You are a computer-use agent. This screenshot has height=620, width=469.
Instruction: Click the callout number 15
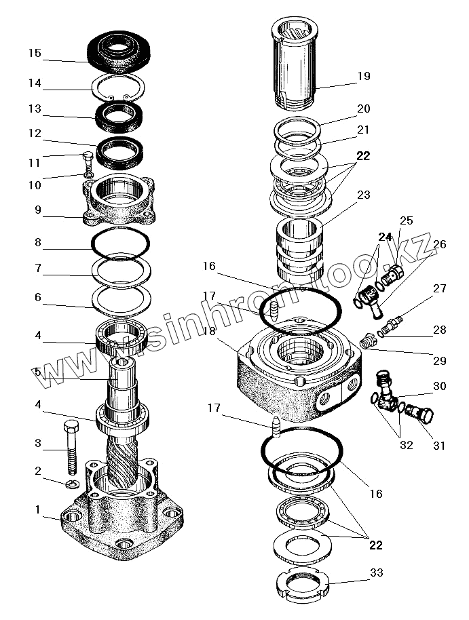click(x=35, y=52)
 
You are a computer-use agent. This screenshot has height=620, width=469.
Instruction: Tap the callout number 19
click(x=364, y=76)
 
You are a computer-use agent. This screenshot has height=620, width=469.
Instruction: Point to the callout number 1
click(x=38, y=509)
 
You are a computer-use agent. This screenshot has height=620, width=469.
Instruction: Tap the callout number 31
click(x=439, y=446)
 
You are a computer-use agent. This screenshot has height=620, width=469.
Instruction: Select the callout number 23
click(x=364, y=195)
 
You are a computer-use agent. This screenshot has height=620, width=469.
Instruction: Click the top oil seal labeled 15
click(x=122, y=50)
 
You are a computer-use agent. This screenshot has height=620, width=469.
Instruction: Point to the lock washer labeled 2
click(x=73, y=484)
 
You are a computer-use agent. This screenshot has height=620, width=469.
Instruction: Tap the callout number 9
click(x=38, y=210)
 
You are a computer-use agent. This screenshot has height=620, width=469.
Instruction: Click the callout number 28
click(x=440, y=330)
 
